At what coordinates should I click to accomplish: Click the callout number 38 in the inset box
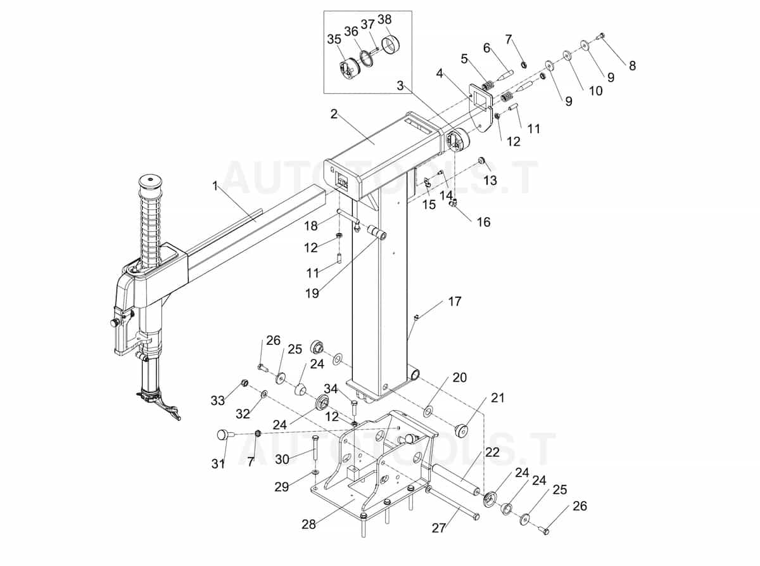click(x=384, y=19)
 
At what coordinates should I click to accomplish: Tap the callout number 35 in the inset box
click(x=334, y=39)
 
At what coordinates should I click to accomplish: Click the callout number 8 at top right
click(x=631, y=65)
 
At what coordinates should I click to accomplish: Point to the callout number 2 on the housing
click(x=334, y=114)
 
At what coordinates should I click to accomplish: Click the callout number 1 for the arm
click(x=215, y=186)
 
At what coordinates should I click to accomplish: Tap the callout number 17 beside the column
click(x=455, y=302)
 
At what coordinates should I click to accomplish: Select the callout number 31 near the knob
click(x=218, y=463)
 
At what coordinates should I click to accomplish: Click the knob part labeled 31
click(x=222, y=434)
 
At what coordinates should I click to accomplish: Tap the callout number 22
click(x=492, y=453)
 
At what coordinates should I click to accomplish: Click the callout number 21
click(x=498, y=398)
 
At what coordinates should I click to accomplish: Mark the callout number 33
click(x=218, y=401)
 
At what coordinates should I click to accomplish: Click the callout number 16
click(x=483, y=222)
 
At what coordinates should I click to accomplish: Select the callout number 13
click(x=490, y=181)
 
